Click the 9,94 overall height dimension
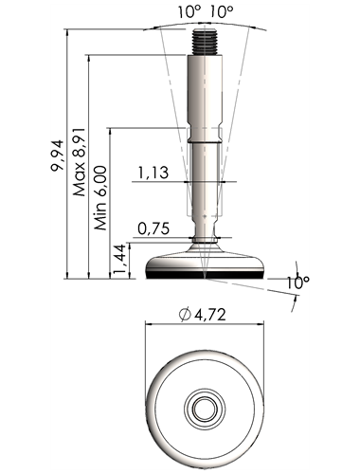tap(58, 155)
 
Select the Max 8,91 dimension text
tap(80, 162)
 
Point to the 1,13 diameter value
tap(153, 173)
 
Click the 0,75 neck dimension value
tap(153, 228)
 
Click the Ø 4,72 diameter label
tap(202, 315)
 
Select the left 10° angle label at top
tap(189, 12)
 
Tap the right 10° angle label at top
tap(222, 12)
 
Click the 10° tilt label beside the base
tap(297, 283)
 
